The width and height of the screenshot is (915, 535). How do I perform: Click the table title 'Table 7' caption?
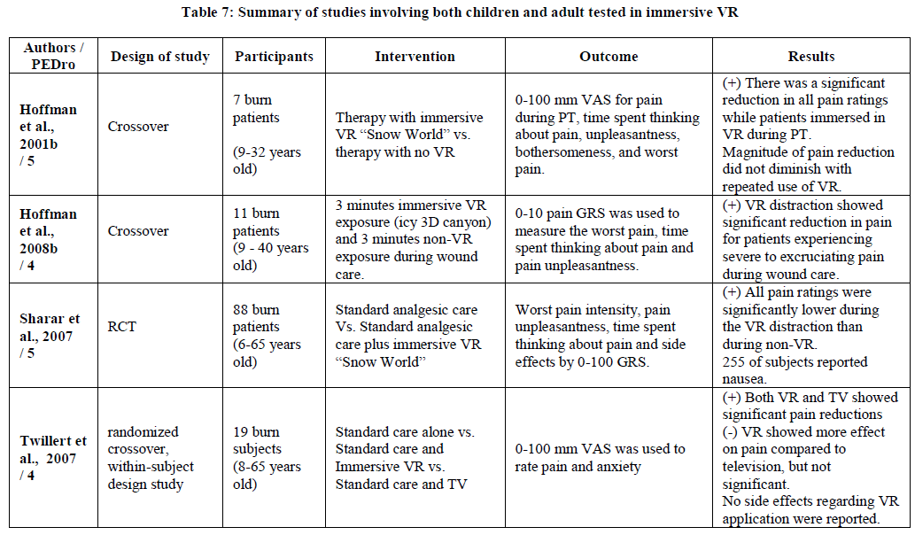click(460, 12)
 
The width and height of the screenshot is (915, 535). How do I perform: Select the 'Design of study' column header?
click(160, 57)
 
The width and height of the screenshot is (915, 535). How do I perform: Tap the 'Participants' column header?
click(274, 57)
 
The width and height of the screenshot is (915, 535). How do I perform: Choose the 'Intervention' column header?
click(415, 57)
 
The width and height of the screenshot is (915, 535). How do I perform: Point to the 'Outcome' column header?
click(609, 57)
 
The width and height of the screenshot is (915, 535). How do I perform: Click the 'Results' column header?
click(811, 57)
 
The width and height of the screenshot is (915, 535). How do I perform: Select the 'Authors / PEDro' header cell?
click(53, 56)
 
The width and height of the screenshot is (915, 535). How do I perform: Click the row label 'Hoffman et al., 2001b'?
click(48, 135)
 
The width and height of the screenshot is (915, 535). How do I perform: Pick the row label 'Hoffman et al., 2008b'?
click(48, 239)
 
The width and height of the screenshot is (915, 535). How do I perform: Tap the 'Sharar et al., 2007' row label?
click(50, 336)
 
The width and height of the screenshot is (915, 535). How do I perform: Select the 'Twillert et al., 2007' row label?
click(53, 458)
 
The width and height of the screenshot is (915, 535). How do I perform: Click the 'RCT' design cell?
click(121, 327)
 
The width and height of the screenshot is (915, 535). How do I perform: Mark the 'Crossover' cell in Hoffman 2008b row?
click(137, 231)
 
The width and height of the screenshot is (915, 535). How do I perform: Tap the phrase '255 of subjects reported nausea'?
click(795, 370)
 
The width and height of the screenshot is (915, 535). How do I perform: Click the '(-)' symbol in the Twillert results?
click(730, 431)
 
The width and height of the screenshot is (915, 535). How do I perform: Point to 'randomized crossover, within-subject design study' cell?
click(151, 457)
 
